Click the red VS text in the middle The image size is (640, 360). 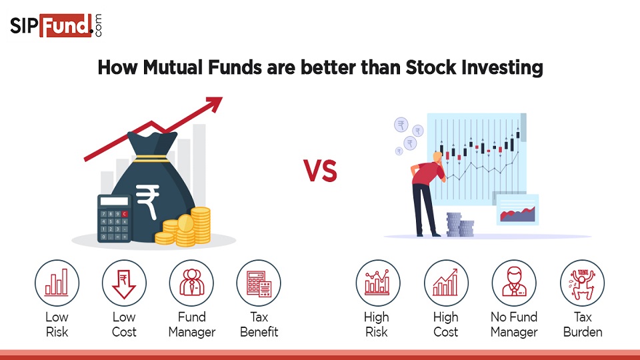click(x=321, y=171)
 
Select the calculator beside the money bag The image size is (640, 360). click(x=114, y=219)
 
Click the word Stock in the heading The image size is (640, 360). click(x=431, y=67)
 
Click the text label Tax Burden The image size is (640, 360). click(x=582, y=324)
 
